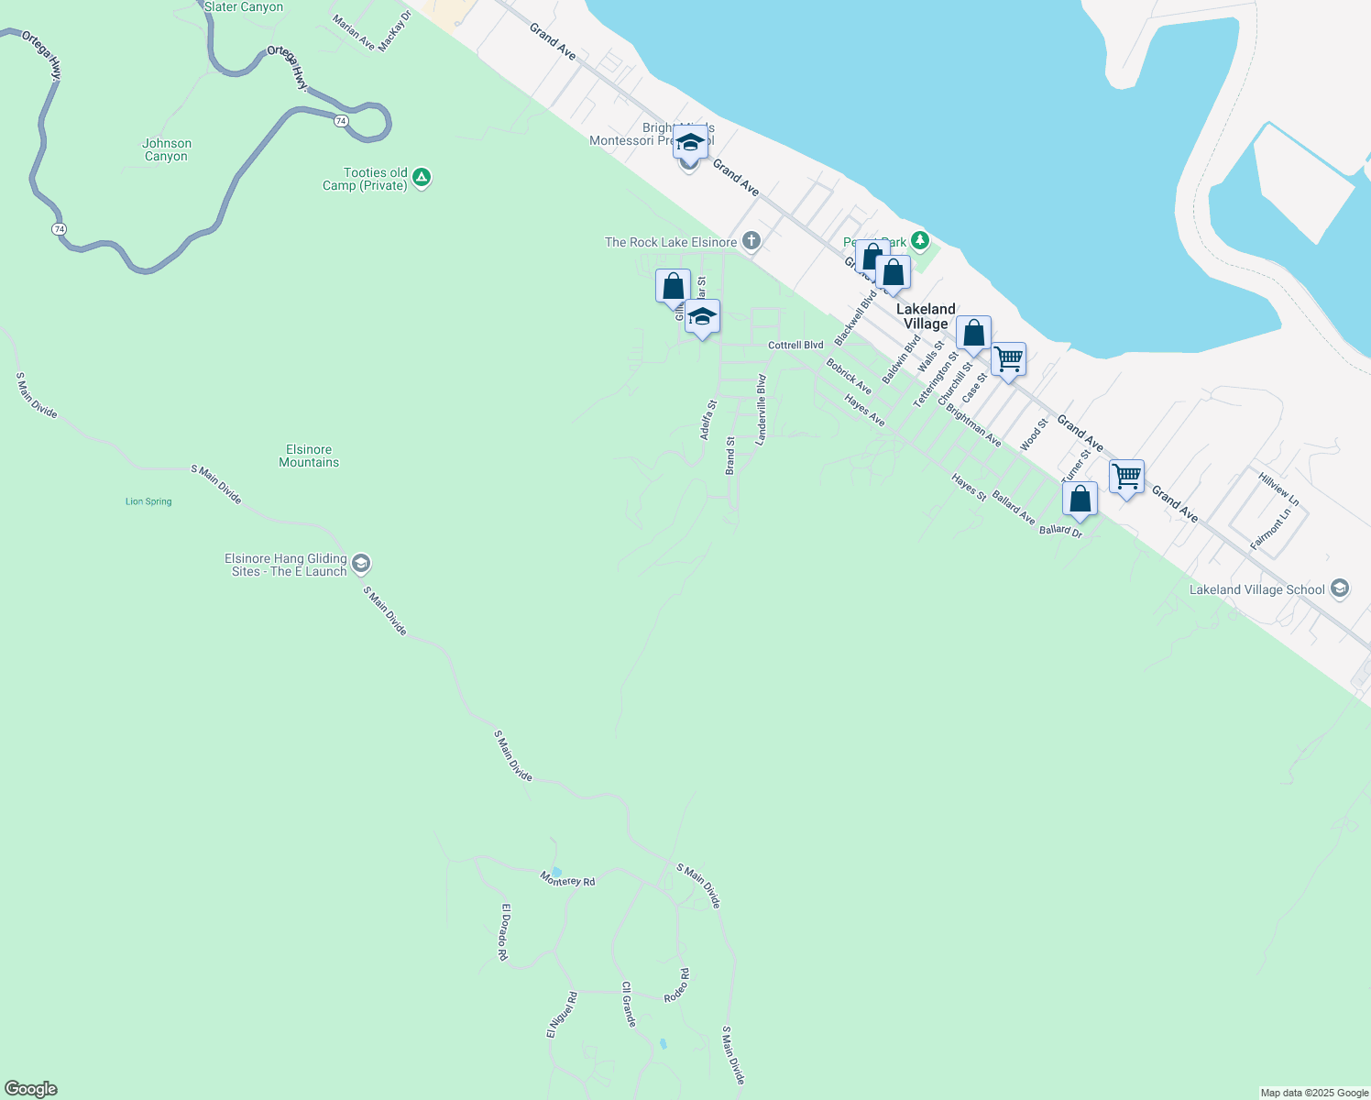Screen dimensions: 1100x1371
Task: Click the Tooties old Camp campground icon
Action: pyautogui.click(x=422, y=178)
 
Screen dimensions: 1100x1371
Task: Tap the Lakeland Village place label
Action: pyautogui.click(x=926, y=316)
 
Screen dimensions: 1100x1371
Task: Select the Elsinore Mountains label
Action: pyautogui.click(x=309, y=456)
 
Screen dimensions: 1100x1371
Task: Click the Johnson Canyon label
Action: pyautogui.click(x=166, y=149)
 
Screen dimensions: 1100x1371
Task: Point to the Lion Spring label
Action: pyautogui.click(x=148, y=501)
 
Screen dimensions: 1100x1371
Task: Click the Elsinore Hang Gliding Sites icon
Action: pyautogui.click(x=361, y=563)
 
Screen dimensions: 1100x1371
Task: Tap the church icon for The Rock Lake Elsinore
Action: pyautogui.click(x=751, y=241)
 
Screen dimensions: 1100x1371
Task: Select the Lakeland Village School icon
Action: pyautogui.click(x=1340, y=588)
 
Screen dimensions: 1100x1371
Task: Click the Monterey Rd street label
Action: pyautogui.click(x=567, y=879)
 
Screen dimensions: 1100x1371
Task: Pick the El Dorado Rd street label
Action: pyautogui.click(x=503, y=931)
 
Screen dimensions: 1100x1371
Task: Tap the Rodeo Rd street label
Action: pyautogui.click(x=677, y=985)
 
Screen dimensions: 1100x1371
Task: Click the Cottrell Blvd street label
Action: pyautogui.click(x=795, y=346)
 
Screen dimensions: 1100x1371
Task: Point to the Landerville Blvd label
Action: pyautogui.click(x=761, y=410)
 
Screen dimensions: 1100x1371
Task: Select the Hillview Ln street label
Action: pyautogui.click(x=1278, y=489)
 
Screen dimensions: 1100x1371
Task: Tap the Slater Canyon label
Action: pyautogui.click(x=243, y=7)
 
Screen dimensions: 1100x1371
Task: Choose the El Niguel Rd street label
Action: pyautogui.click(x=562, y=1015)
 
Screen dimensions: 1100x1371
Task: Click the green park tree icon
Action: pyautogui.click(x=920, y=242)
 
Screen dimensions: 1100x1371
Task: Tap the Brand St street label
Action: pyautogui.click(x=730, y=455)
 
